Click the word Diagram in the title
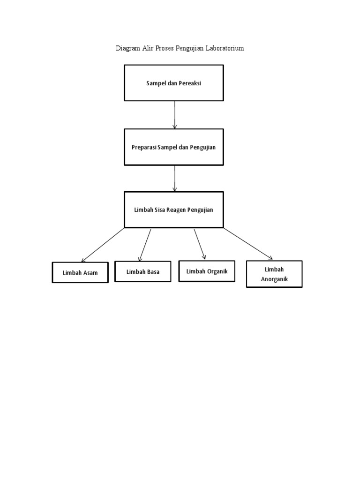click(x=128, y=49)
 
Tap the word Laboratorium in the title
click(x=224, y=49)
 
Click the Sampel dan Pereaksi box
click(x=173, y=83)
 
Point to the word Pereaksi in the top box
click(x=195, y=83)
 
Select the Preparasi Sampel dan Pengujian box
click(x=173, y=147)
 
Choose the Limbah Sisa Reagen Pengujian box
click(x=173, y=210)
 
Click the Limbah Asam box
click(x=80, y=273)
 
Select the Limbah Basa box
click(x=142, y=271)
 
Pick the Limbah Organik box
click(x=207, y=271)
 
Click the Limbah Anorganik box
click(x=274, y=274)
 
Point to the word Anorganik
click(x=274, y=279)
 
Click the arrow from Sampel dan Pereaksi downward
click(x=175, y=115)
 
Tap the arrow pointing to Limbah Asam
click(x=103, y=245)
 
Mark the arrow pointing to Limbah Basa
click(x=145, y=245)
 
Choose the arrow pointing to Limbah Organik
click(x=200, y=244)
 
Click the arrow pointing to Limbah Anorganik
click(x=247, y=243)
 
